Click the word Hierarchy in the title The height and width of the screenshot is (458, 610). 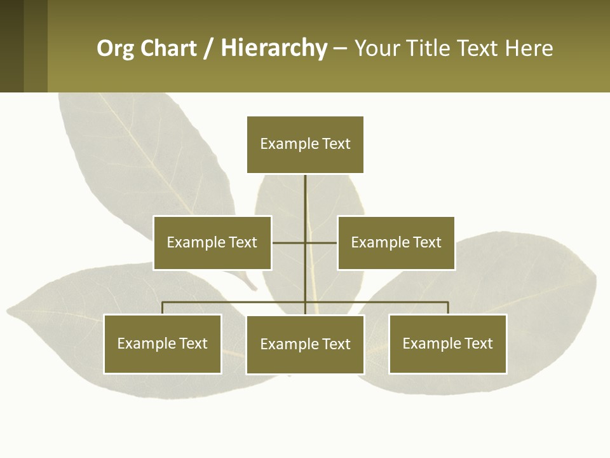(x=274, y=49)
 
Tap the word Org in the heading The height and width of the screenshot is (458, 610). (x=116, y=49)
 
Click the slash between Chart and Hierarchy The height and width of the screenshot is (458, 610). (x=208, y=49)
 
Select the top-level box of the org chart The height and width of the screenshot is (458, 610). (x=305, y=144)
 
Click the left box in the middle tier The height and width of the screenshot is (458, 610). (x=212, y=243)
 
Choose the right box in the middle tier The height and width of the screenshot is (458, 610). (x=396, y=243)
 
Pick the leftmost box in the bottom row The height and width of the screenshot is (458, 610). (x=163, y=344)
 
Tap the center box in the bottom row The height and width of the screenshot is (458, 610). (x=305, y=345)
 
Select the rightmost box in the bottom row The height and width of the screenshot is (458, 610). (x=448, y=344)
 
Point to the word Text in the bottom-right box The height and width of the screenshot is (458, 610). (x=479, y=344)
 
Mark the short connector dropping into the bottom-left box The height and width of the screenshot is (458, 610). (x=163, y=308)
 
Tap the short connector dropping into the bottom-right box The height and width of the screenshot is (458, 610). (x=448, y=308)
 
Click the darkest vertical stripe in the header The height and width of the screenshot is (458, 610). (x=11, y=46)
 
